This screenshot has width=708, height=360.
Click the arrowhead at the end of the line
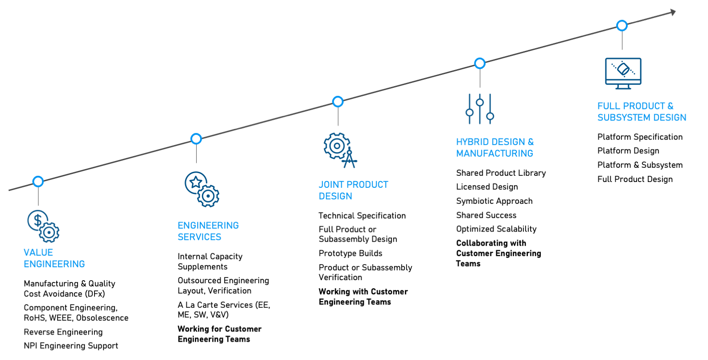[x=673, y=12]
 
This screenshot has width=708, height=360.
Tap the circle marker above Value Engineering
[x=38, y=182]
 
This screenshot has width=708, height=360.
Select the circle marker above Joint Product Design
[x=338, y=102]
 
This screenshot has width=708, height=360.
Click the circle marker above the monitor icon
[x=622, y=25]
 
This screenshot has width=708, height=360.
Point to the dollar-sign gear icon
[x=43, y=226]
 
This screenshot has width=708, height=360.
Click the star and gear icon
[x=202, y=189]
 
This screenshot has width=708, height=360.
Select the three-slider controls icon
[x=480, y=109]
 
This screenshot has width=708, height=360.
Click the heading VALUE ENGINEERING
[x=54, y=258]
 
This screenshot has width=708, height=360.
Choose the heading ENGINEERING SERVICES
[x=208, y=231]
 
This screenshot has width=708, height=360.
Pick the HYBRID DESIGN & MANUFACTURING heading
[x=494, y=148]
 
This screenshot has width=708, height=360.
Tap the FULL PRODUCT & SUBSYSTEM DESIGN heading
[x=642, y=112]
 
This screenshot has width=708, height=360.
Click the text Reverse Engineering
[x=63, y=332]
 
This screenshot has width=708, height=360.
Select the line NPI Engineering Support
[x=71, y=346]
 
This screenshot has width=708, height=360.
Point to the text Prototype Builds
[x=350, y=253]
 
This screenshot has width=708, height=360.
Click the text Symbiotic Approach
[x=494, y=201]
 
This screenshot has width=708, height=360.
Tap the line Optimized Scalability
[x=496, y=229]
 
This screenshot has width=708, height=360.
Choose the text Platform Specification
[x=640, y=137]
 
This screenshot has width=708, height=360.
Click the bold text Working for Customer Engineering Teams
[x=219, y=334]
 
